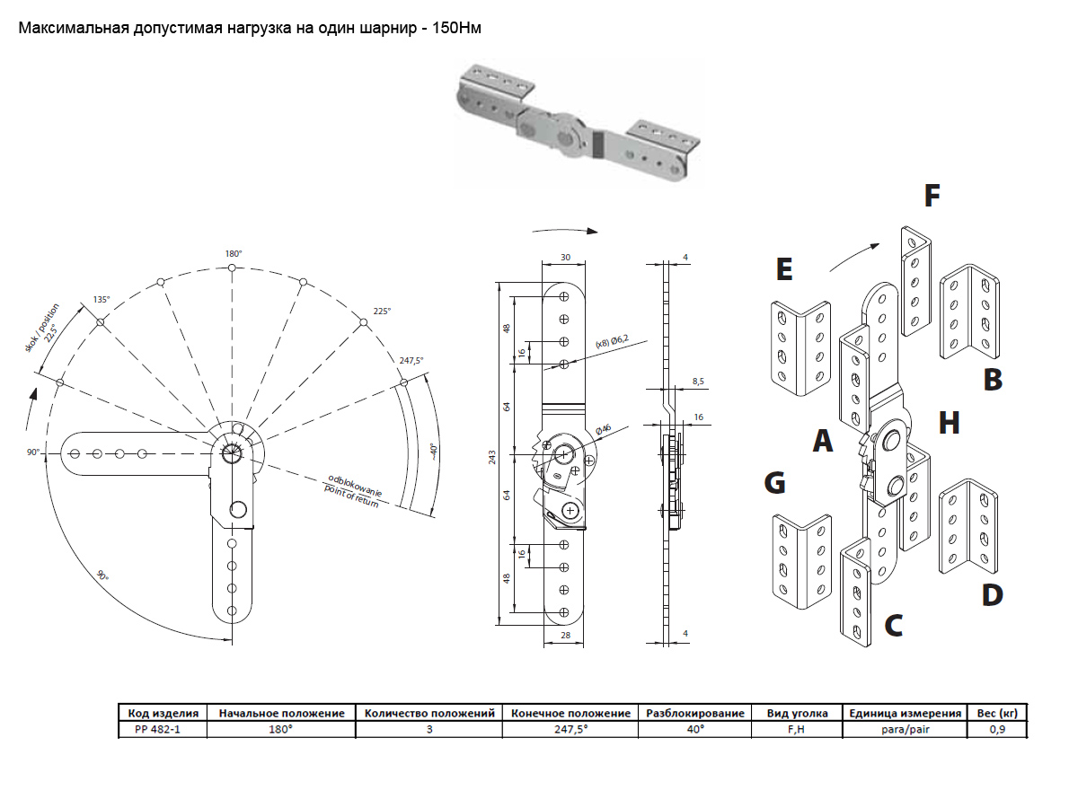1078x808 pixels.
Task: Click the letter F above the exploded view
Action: point(932,195)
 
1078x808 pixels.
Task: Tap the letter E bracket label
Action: point(783,268)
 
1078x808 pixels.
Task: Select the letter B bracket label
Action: point(992,379)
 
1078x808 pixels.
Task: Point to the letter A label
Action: point(822,440)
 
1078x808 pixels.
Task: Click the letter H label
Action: point(949,422)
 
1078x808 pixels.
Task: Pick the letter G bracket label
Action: point(773,483)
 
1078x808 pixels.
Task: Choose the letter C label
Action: point(893,625)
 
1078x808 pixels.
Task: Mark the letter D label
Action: point(992,594)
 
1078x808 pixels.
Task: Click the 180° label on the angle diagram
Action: point(232,254)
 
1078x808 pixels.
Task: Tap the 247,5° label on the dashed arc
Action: point(411,360)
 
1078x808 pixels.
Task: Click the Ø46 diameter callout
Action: point(603,430)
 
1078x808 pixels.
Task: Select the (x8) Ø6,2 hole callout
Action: point(614,341)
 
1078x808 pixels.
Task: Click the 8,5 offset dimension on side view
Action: point(698,382)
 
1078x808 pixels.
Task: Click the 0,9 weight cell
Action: point(996,729)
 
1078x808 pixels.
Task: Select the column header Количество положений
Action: point(429,713)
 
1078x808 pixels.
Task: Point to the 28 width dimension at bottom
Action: point(565,635)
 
